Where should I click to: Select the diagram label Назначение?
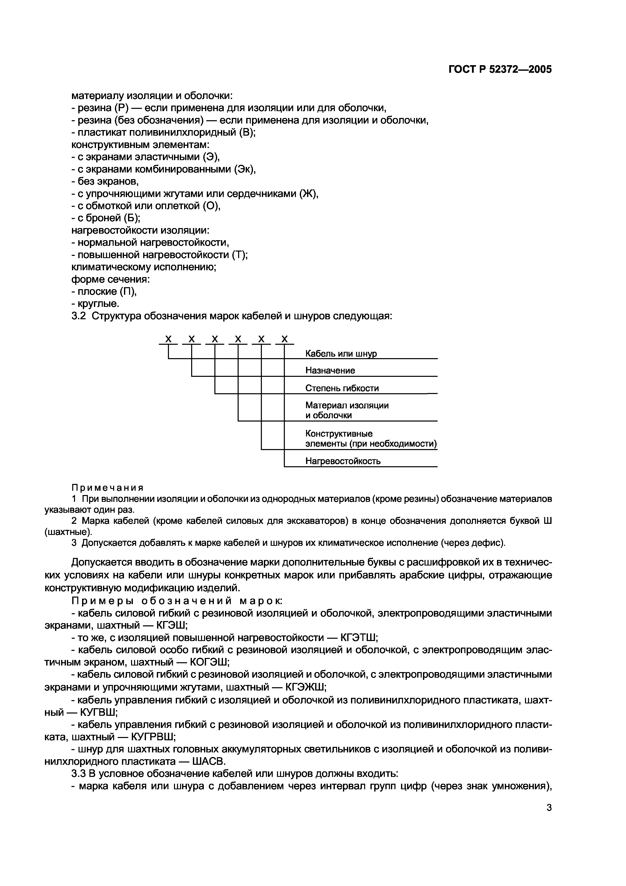tap(330, 371)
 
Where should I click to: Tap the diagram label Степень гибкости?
tap(342, 388)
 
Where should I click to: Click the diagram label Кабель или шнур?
tap(341, 354)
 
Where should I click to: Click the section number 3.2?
tap(79, 316)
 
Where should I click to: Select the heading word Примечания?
tap(108, 487)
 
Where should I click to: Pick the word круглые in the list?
tap(96, 304)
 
